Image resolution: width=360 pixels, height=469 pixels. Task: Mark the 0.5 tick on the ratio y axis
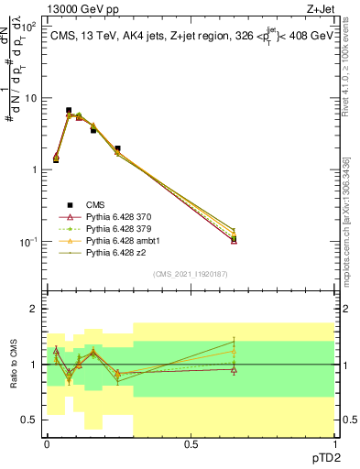pos(31,420)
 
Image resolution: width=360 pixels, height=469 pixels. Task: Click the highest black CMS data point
pos(69,110)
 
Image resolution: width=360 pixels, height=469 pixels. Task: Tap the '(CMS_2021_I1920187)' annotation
pos(191,273)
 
